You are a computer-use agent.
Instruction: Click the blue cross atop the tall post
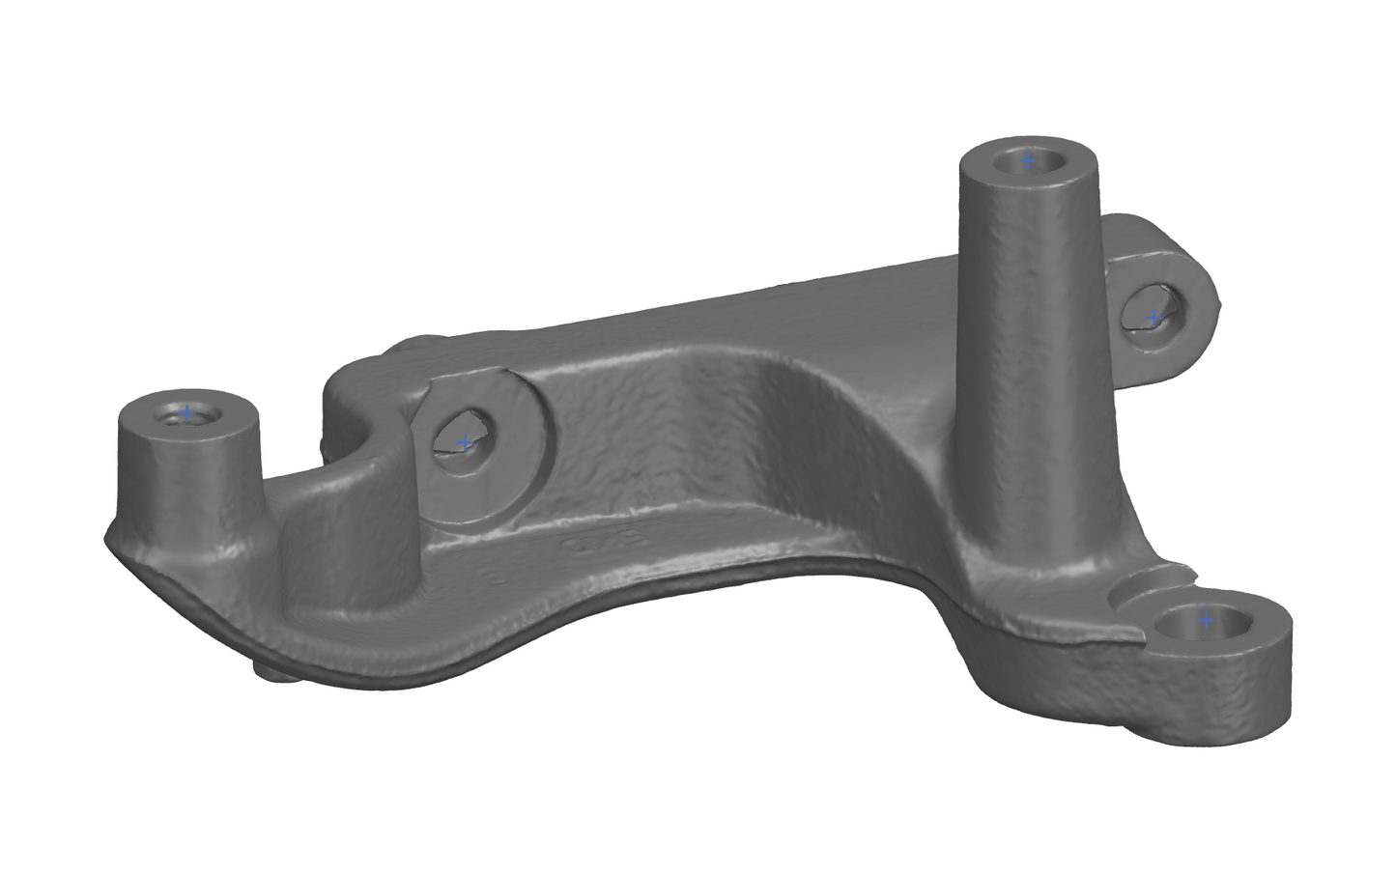1028,161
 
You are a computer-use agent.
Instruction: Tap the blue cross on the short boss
187,413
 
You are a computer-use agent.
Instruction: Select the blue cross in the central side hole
465,443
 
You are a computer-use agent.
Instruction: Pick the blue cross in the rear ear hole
1153,318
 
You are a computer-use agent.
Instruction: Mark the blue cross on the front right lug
1205,620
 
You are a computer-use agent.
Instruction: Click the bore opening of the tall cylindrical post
1028,161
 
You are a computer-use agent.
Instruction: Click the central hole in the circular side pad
462,436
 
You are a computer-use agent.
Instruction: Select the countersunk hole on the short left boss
185,415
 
